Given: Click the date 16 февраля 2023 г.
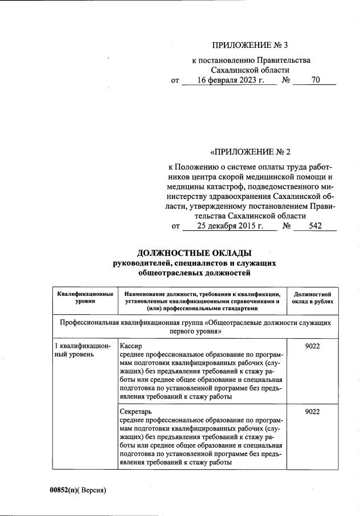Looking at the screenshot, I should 230,80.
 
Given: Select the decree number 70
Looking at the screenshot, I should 315,80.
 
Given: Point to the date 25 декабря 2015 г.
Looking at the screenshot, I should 230,226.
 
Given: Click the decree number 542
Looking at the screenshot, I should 315,226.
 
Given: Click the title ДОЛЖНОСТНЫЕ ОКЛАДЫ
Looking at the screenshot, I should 194,253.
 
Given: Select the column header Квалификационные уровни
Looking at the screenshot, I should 85,297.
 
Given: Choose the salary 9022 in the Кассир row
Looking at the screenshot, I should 313,346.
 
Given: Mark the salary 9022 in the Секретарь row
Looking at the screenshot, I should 313,411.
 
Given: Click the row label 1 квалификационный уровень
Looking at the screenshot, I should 83,350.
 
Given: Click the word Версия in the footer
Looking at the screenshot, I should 93,490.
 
